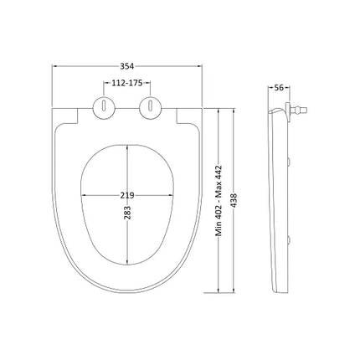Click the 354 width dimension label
click(127, 66)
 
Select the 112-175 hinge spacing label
click(127, 83)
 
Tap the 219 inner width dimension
click(127, 195)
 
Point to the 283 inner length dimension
click(127, 213)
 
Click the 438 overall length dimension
click(234, 200)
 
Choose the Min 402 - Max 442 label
click(219, 201)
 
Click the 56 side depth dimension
click(279, 88)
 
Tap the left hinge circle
click(104, 108)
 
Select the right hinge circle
click(150, 108)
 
